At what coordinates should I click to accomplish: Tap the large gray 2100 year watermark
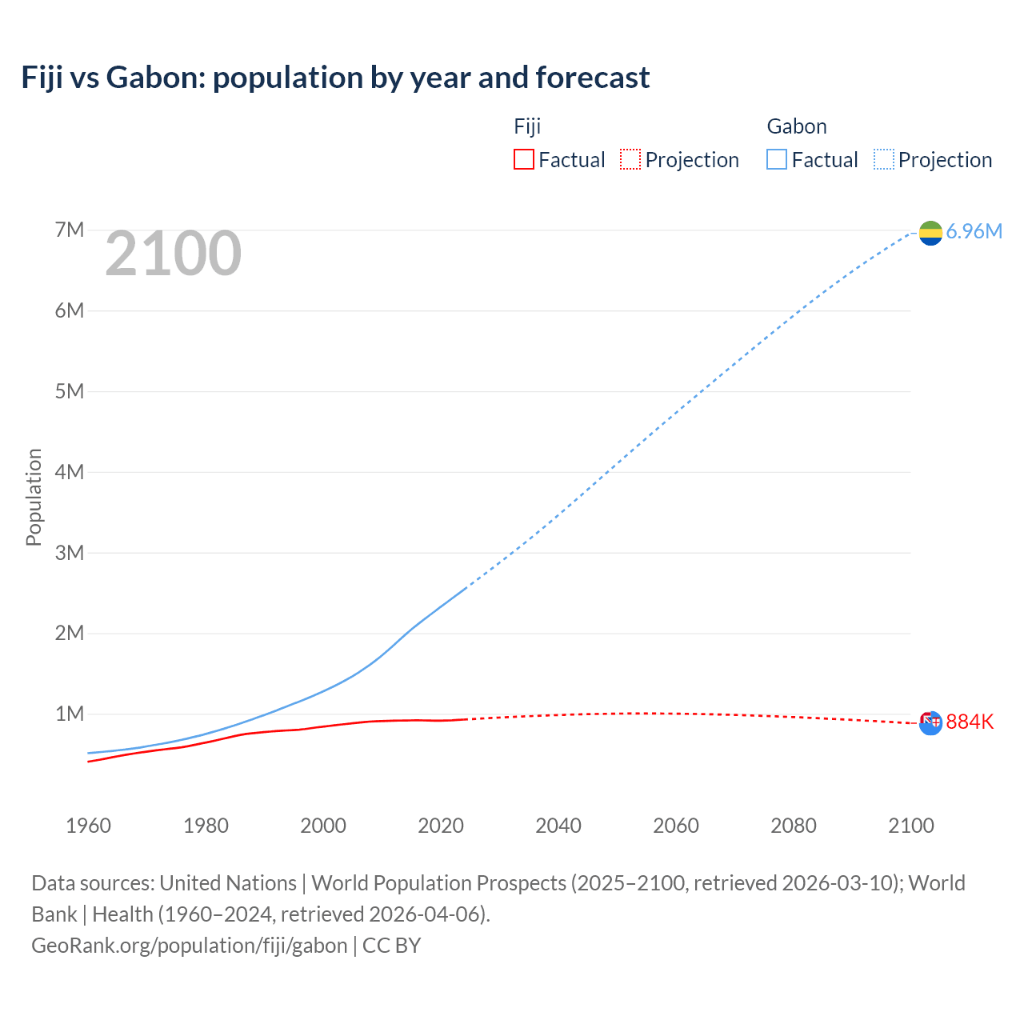point(173,254)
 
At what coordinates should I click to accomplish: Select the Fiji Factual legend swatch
point(523,159)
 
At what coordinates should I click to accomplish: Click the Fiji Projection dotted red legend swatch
point(630,159)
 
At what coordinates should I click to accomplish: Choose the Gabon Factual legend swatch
point(776,159)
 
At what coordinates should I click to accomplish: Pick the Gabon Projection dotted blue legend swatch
point(883,159)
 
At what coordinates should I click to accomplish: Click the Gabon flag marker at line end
point(930,233)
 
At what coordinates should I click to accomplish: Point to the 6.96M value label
point(974,232)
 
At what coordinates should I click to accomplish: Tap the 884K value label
point(970,722)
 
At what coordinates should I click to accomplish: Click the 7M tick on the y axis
point(70,230)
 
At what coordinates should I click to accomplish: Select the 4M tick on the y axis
point(70,472)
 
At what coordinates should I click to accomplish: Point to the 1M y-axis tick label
point(70,714)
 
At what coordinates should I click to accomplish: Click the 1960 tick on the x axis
point(88,826)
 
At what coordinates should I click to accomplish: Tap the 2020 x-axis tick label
point(441,826)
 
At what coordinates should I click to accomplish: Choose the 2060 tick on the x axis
point(676,826)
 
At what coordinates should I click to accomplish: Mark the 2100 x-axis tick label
point(911,826)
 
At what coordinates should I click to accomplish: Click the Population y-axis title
point(34,497)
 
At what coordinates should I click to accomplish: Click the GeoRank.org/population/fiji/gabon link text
point(190,946)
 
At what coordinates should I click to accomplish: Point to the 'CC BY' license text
point(392,946)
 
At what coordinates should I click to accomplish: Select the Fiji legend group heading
point(527,126)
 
